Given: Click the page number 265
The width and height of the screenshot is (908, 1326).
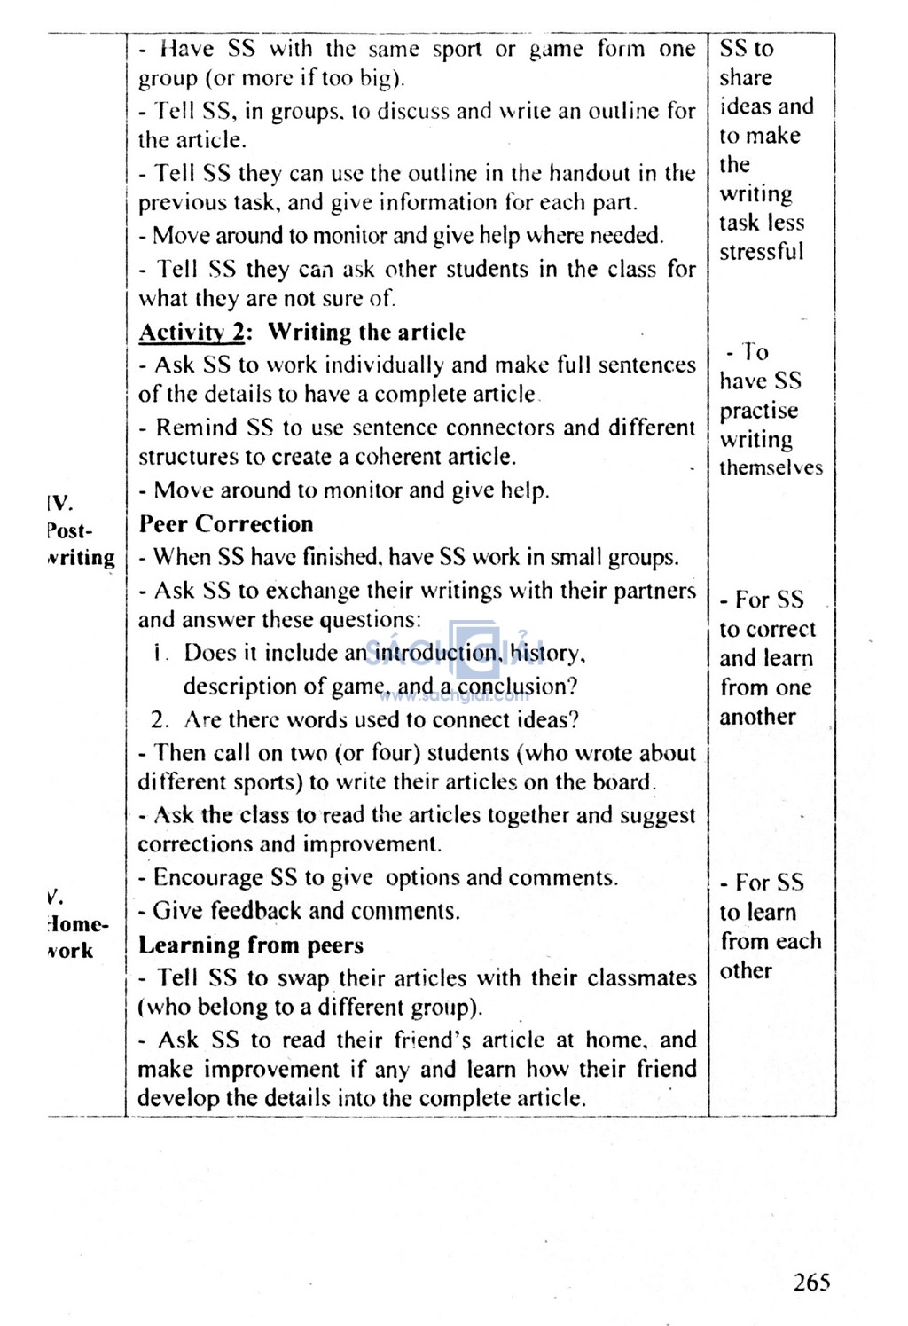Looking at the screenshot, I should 811,1282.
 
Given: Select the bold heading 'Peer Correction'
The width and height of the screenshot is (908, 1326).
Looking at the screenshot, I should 226,524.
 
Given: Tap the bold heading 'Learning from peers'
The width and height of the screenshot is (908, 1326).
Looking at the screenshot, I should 251,945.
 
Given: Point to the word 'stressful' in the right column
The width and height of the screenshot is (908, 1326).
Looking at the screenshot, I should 761,252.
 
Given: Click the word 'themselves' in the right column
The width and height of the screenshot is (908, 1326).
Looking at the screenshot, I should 771,468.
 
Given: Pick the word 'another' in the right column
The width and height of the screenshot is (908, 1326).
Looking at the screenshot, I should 757,717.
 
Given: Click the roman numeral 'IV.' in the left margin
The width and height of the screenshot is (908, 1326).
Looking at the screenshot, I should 59,504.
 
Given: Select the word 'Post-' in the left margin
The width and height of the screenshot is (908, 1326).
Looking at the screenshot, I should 69,531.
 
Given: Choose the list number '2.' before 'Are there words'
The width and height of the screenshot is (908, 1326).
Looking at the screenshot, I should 160,720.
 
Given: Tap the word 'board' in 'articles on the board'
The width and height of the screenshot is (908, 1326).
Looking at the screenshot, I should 623,782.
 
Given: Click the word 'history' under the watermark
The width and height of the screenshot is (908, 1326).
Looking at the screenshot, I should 546,654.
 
